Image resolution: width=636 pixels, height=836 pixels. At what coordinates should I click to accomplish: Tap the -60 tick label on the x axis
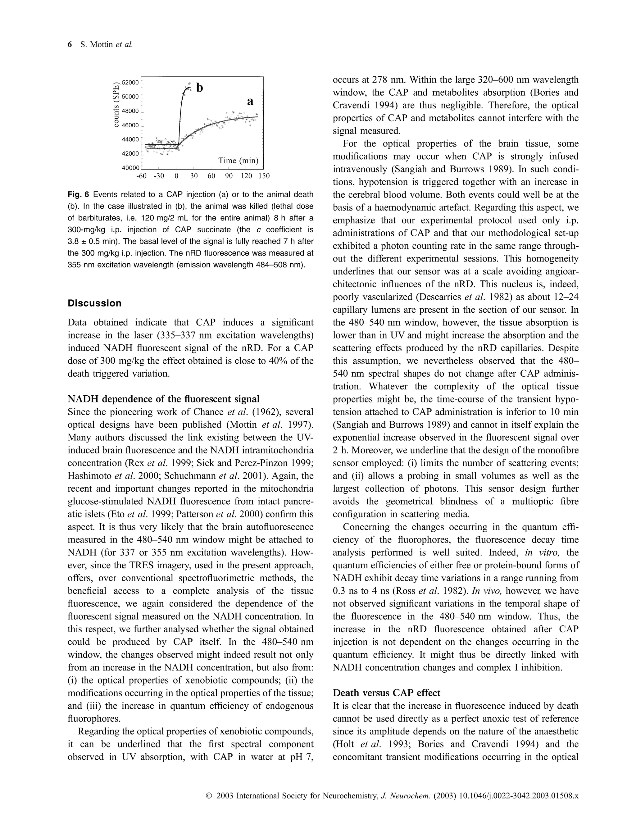click(141, 176)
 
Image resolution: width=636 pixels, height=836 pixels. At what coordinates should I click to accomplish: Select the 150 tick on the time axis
click(264, 176)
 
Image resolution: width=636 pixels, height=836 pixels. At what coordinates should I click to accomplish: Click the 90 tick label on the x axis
click(229, 176)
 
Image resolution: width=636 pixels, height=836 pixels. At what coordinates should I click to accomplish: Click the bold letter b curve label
click(199, 88)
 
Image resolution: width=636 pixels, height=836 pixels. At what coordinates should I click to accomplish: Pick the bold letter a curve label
click(250, 102)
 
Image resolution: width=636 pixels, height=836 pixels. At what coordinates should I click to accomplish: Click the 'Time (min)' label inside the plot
click(238, 161)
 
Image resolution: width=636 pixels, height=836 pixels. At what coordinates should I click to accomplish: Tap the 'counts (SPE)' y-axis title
click(116, 105)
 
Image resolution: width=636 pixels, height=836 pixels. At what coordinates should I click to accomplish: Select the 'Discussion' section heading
click(95, 303)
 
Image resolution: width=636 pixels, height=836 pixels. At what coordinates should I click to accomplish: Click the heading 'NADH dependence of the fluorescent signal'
click(164, 399)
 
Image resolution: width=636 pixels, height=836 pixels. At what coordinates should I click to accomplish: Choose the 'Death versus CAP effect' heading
click(387, 693)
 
